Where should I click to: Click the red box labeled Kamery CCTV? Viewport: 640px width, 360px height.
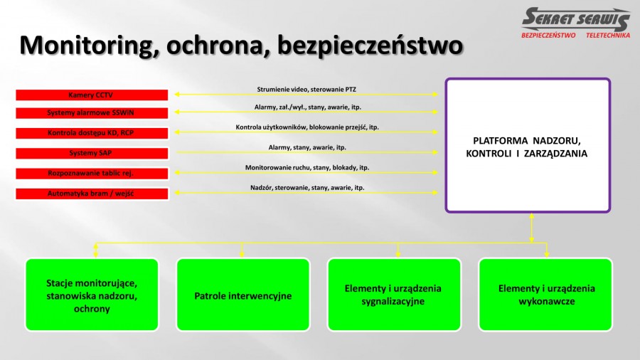(x=92, y=95)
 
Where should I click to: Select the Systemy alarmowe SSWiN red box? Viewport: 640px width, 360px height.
(x=92, y=113)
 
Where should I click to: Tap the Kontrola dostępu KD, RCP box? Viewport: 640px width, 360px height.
(x=92, y=133)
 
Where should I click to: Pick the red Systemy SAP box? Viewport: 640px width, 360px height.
(x=92, y=154)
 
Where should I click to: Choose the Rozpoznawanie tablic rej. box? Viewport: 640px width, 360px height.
(x=92, y=174)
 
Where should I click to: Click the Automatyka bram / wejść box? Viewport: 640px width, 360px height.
(x=92, y=194)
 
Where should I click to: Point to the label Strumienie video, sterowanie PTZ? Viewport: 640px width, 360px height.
(x=306, y=90)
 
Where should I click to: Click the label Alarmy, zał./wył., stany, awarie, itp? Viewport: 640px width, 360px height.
(x=307, y=107)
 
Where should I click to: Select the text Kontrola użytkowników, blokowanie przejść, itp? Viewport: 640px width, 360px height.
(x=307, y=127)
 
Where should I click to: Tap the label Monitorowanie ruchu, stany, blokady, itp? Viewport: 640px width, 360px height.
(x=307, y=168)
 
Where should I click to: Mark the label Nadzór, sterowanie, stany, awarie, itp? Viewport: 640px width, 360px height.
(x=307, y=188)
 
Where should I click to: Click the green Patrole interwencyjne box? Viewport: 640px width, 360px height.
(x=243, y=295)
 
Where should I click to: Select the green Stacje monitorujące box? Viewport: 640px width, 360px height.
(x=92, y=295)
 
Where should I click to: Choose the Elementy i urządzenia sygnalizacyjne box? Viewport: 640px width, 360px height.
(x=394, y=295)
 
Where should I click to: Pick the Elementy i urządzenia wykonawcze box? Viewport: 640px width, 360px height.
(x=545, y=295)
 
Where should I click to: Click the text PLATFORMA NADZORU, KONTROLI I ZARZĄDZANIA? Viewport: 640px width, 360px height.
(x=526, y=147)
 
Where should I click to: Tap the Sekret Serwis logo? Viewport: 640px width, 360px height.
(x=576, y=23)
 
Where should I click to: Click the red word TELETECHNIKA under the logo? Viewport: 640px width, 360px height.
(x=608, y=36)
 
